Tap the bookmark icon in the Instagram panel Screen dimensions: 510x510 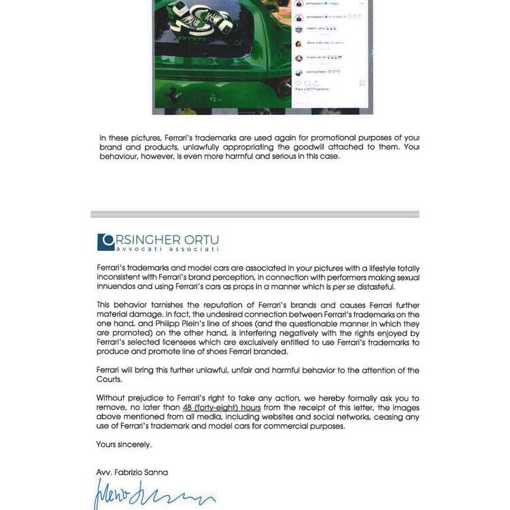click(x=362, y=83)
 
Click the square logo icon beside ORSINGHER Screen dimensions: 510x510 click(x=106, y=241)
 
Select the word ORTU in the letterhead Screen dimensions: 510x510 click(x=201, y=241)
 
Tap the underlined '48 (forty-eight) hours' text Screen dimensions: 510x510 click(x=222, y=407)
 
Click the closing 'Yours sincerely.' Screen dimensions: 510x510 click(x=124, y=444)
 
